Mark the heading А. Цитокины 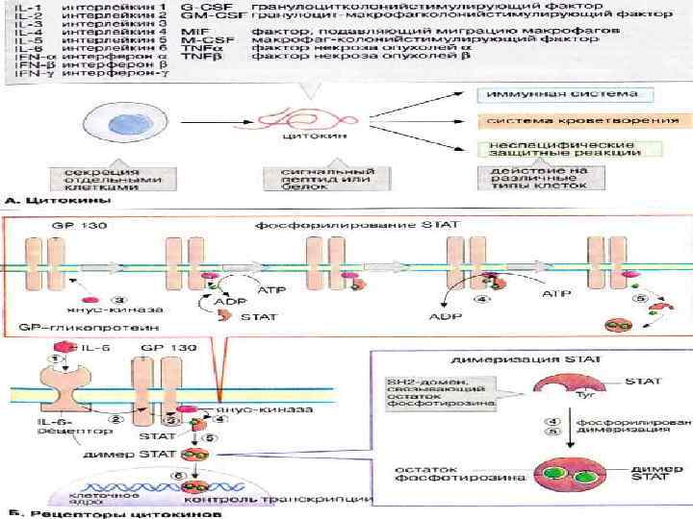point(49,203)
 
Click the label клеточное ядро point(97,498)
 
